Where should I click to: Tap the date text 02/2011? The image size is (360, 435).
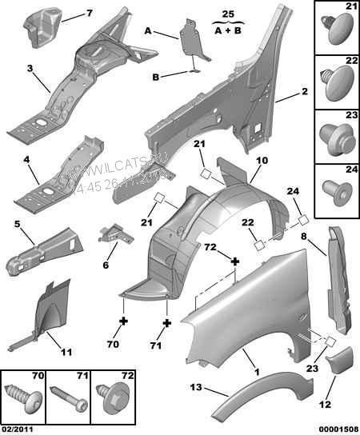[x=18, y=429]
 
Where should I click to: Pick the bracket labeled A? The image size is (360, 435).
[x=190, y=39]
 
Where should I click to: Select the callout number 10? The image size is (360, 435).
[x=261, y=161]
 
